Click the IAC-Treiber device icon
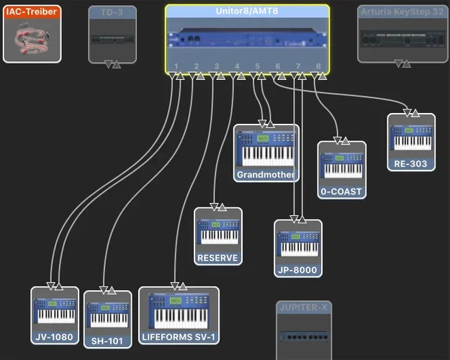pos(32,38)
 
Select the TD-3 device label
pos(112,12)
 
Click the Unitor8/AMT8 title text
pos(247,12)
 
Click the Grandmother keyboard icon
pos(266,148)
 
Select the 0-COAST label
pos(342,192)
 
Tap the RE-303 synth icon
pos(411,138)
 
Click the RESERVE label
pos(217,258)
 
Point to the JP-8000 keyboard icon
pos(298,243)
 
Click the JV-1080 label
pos(55,336)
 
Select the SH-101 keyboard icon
pos(107,315)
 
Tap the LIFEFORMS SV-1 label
pos(179,336)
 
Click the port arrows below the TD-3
pos(112,64)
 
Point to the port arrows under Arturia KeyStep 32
pos(402,64)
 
